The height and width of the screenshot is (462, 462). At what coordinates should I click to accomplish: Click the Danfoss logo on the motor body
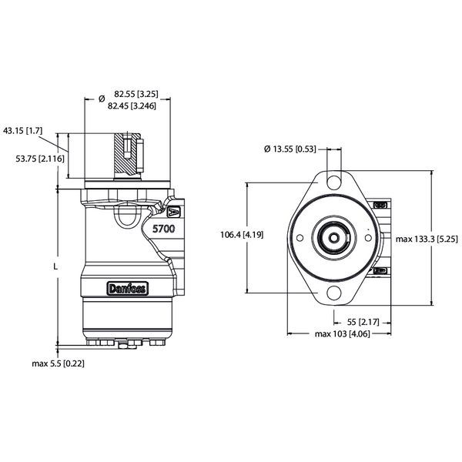[x=128, y=288]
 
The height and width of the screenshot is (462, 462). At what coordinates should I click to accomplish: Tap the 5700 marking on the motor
[x=163, y=229]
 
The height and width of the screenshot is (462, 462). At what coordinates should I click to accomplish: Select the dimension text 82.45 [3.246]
[x=133, y=105]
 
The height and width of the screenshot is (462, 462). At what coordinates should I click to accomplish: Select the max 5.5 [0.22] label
[x=58, y=362]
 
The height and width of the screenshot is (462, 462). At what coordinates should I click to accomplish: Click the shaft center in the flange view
[x=333, y=238]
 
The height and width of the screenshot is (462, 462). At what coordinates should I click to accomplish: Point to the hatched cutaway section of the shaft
[x=123, y=154]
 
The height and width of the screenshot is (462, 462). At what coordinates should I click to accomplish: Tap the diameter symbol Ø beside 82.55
[x=102, y=98]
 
